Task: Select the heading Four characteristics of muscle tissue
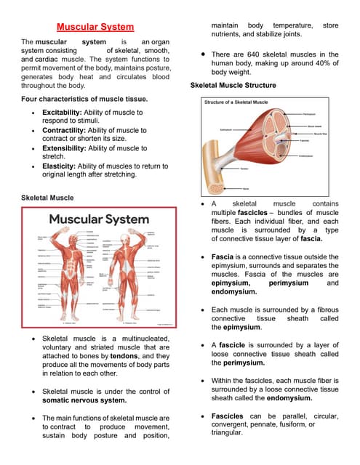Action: pos(85,98)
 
